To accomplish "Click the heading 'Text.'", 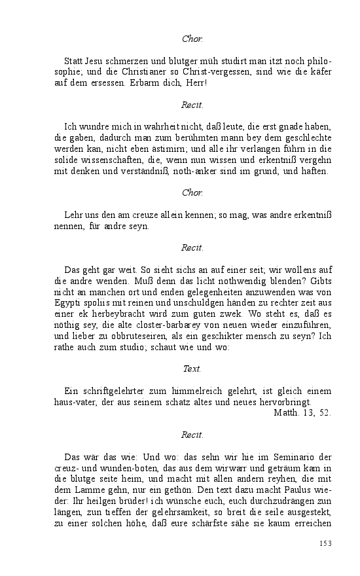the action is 192,369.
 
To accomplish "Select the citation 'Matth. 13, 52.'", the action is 302,412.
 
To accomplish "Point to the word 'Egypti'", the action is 67,304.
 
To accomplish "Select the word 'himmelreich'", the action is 183,391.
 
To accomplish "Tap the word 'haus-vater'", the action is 75,402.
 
